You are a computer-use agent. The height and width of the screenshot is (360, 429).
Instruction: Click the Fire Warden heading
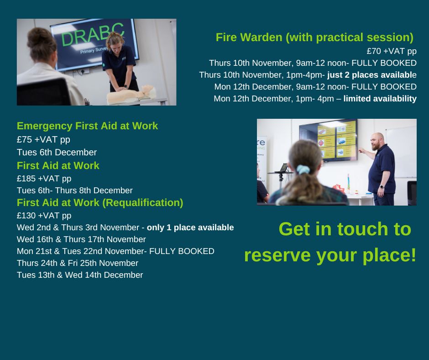coord(314,37)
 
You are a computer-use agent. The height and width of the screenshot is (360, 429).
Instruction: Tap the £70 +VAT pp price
coord(392,51)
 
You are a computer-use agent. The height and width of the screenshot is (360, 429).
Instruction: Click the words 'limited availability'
coord(380,99)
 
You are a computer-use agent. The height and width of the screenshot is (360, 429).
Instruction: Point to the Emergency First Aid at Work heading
coord(87,126)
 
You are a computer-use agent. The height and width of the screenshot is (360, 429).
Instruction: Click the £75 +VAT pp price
coord(43,140)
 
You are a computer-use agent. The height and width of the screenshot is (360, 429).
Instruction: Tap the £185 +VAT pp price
coord(44,179)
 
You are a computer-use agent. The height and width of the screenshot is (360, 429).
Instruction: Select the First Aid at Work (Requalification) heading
coord(100,203)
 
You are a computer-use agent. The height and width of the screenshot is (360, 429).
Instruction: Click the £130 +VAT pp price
coord(44,216)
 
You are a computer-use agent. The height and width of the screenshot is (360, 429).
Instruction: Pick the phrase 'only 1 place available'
coord(190,228)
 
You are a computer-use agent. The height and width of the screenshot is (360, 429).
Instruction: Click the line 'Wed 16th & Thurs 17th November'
coord(81,239)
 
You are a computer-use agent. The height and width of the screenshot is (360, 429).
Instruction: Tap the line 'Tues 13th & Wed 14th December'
coord(79,275)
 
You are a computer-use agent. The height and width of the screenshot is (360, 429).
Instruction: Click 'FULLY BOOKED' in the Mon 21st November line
coord(182,251)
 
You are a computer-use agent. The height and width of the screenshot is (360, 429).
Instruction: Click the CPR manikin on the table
coord(131,95)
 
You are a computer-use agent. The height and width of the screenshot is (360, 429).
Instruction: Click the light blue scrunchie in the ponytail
coord(303,169)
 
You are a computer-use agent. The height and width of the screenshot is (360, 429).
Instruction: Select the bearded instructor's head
coord(378,141)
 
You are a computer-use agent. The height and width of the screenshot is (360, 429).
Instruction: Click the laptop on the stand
coord(283,168)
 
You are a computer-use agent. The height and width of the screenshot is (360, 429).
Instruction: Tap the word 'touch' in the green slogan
coord(363,229)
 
